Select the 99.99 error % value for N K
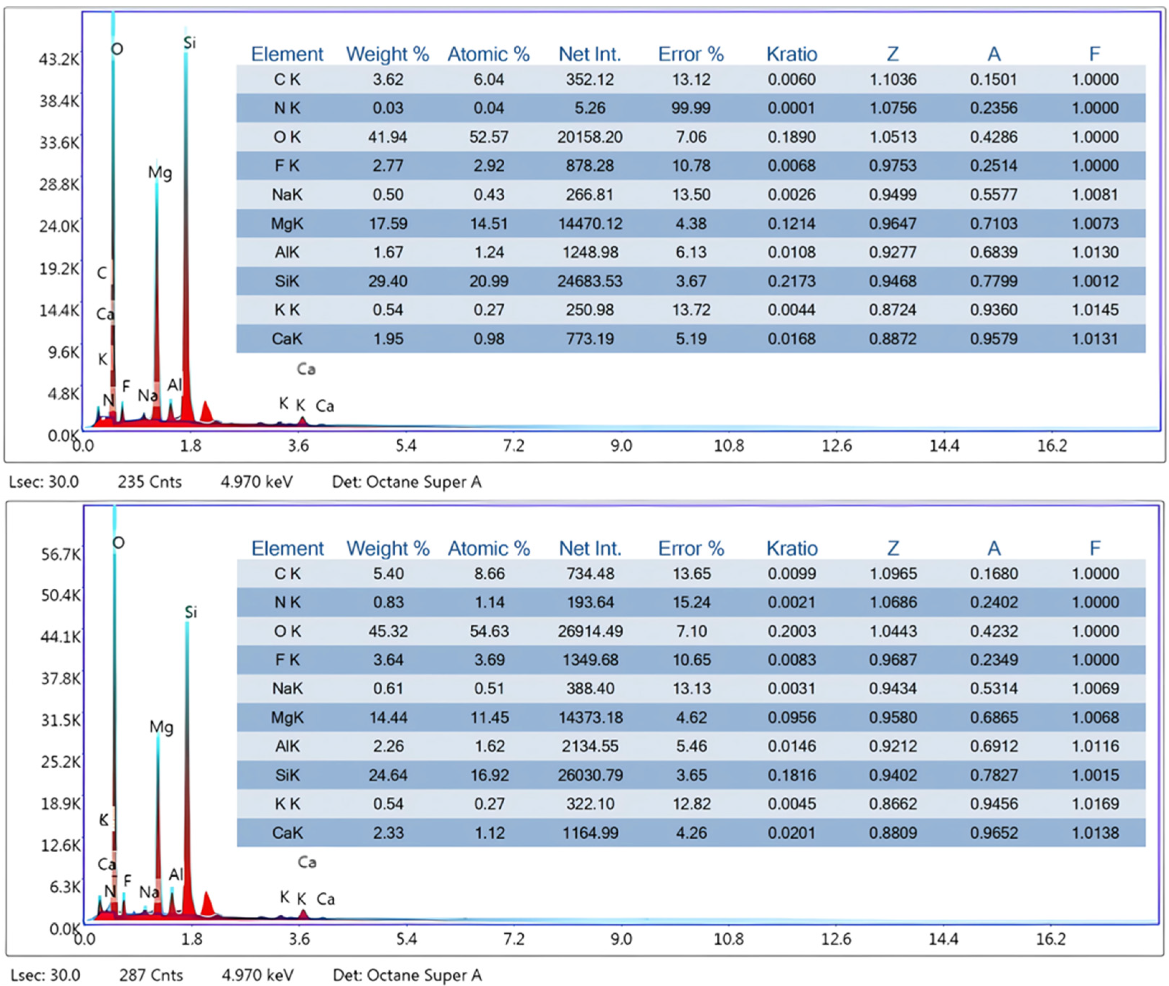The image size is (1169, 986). click(691, 108)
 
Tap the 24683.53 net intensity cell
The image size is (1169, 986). click(590, 281)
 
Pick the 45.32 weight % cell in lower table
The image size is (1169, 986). click(388, 631)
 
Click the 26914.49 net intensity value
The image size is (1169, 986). click(590, 631)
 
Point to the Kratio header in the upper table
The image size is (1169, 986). click(792, 54)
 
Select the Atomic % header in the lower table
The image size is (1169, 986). click(489, 548)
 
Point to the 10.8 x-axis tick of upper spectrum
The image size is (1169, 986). click(729, 445)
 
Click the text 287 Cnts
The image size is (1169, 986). click(151, 975)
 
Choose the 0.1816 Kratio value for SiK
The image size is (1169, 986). click(792, 775)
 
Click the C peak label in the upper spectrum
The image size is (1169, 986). click(102, 273)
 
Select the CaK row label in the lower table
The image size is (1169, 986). click(287, 833)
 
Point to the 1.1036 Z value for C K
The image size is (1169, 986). click(893, 79)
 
